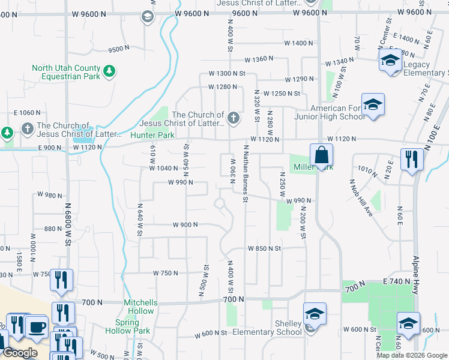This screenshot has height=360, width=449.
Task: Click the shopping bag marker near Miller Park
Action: (x=322, y=155)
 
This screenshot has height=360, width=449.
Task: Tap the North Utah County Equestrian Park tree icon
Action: (x=109, y=72)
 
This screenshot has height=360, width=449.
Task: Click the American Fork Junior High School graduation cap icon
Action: (x=373, y=105)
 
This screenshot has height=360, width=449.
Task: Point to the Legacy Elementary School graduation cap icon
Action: (x=390, y=61)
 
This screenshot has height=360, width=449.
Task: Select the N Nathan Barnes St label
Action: (x=246, y=173)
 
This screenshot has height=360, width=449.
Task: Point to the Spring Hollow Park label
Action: (x=127, y=326)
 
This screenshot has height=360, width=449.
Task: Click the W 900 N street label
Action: (x=185, y=225)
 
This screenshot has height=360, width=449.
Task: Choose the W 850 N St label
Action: (x=265, y=248)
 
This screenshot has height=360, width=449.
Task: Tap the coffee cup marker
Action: (x=36, y=327)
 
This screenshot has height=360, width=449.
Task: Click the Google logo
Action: (x=20, y=353)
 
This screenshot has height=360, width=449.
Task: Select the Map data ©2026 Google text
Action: (x=412, y=355)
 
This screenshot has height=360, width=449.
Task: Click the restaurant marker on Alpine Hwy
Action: (x=412, y=159)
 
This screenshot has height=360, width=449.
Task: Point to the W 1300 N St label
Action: (x=227, y=73)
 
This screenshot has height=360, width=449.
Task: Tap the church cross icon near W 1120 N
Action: (x=234, y=119)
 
